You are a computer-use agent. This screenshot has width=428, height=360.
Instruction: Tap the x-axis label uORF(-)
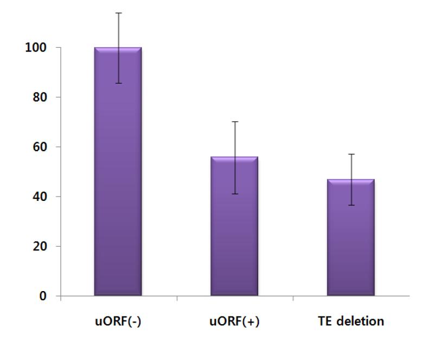click(x=118, y=321)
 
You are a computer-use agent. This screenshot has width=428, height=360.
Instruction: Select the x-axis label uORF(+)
click(x=234, y=321)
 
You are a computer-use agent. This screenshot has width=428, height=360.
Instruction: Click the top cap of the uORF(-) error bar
click(x=118, y=13)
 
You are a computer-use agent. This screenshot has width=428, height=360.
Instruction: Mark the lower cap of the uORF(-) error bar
click(x=118, y=83)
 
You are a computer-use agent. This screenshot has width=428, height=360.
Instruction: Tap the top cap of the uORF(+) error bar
click(x=234, y=122)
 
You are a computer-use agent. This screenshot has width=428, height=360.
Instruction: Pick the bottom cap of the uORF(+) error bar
click(x=234, y=194)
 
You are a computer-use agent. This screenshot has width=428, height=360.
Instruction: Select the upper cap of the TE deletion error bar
click(x=350, y=154)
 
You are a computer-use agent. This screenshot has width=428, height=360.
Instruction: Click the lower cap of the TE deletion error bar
click(x=350, y=205)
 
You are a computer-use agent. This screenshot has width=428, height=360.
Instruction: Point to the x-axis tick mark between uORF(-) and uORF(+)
click(x=177, y=298)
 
